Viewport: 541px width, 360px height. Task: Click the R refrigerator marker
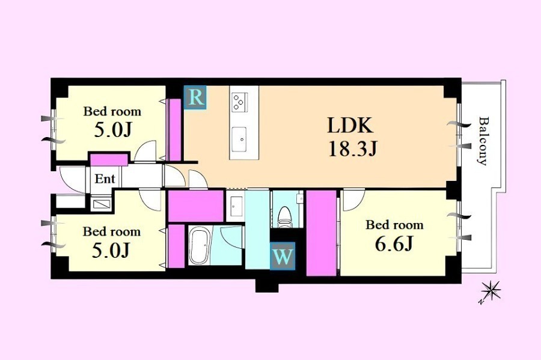coord(195,97)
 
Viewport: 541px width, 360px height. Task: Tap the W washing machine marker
coord(283,256)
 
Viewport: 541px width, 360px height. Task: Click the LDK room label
coord(350,126)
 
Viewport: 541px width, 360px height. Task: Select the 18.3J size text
coord(352,149)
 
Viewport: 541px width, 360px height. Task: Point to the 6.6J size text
coord(394,244)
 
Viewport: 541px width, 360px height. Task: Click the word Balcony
coord(483,141)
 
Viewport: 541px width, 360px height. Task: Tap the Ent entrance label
coord(105,178)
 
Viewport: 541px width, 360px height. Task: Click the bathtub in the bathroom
coord(199,246)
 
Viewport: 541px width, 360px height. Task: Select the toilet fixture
coord(285,217)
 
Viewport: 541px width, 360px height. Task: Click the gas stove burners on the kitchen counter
coord(239,102)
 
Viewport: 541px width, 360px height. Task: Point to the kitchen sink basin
coord(239,139)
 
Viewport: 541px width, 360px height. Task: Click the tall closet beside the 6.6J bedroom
coord(321,233)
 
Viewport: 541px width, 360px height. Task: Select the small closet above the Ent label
coord(109,160)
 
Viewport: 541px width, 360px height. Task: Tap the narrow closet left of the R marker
coord(175,129)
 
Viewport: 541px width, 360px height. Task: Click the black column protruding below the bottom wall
coord(267,285)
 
